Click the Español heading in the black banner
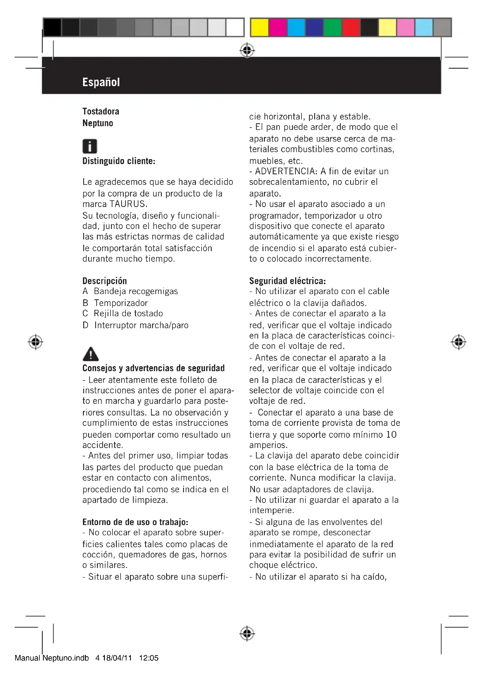click(101, 82)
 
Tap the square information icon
click(90, 146)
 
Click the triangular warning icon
click(91, 354)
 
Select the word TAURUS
click(128, 204)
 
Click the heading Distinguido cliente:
click(119, 161)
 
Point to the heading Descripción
click(105, 281)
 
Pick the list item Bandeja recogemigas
click(135, 291)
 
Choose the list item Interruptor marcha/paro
click(141, 325)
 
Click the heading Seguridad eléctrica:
click(287, 281)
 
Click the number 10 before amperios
click(391, 435)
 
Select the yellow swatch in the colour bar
click(259, 27)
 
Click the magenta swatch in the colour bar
click(278, 27)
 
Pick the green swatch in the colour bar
click(333, 27)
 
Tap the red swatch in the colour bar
click(351, 27)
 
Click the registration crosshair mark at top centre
click(247, 51)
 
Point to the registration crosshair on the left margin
click(35, 342)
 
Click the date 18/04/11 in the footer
click(117, 658)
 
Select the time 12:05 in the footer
click(149, 658)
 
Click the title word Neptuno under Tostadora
click(98, 123)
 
